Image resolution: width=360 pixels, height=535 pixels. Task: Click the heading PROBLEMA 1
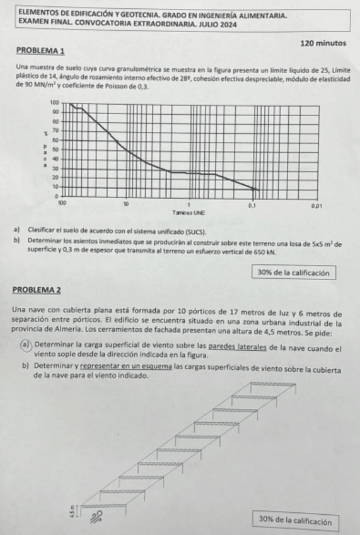click(40, 49)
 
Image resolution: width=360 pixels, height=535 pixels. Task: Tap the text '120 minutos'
click(323, 43)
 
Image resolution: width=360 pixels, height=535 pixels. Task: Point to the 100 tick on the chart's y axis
click(54, 102)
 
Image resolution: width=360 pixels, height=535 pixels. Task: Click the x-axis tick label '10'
click(126, 204)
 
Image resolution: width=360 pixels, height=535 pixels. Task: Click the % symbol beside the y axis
click(45, 133)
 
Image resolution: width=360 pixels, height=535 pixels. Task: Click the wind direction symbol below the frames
click(96, 517)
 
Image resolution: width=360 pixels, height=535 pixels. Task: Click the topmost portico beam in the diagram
click(273, 384)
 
